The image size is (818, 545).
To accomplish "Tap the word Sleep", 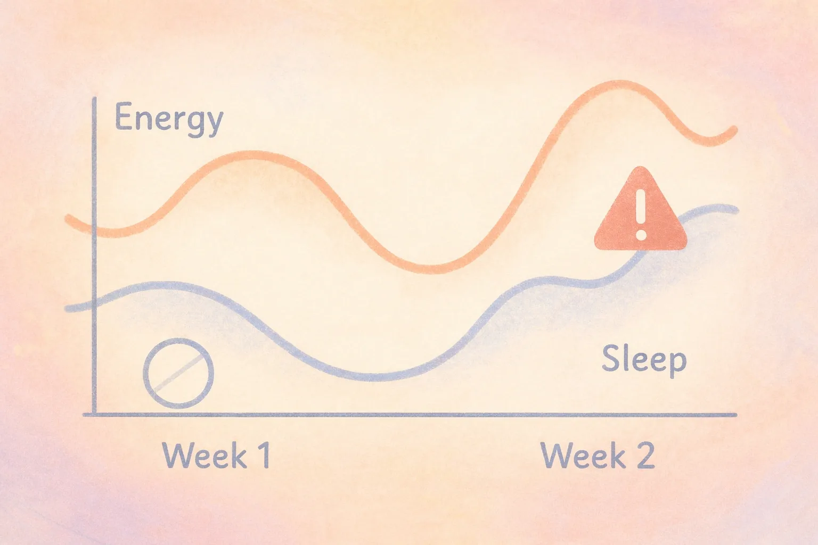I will pyautogui.click(x=644, y=359).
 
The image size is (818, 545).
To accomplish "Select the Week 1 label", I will pyautogui.click(x=216, y=456).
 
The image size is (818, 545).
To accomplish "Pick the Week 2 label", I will pyautogui.click(x=598, y=456).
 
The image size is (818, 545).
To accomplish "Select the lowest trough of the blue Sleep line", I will pyautogui.click(x=375, y=377).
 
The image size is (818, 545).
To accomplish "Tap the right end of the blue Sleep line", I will pyautogui.click(x=736, y=210).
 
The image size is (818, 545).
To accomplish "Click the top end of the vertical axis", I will pyautogui.click(x=95, y=99).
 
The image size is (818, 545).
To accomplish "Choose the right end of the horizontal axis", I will pyautogui.click(x=735, y=415).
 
